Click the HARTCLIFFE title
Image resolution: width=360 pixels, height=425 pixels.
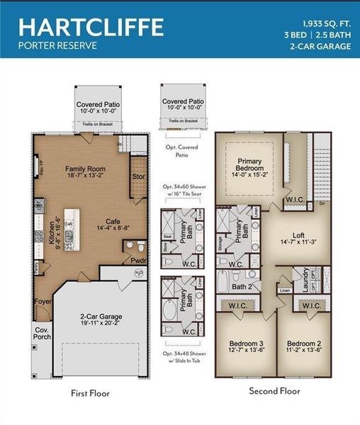pyautogui.click(x=91, y=26)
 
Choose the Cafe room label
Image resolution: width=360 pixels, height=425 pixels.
pyautogui.click(x=106, y=220)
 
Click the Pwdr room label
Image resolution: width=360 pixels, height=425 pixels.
pyautogui.click(x=137, y=260)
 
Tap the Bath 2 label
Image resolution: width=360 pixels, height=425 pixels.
pyautogui.click(x=243, y=287)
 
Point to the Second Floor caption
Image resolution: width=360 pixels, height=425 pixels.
pyautogui.click(x=274, y=390)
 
